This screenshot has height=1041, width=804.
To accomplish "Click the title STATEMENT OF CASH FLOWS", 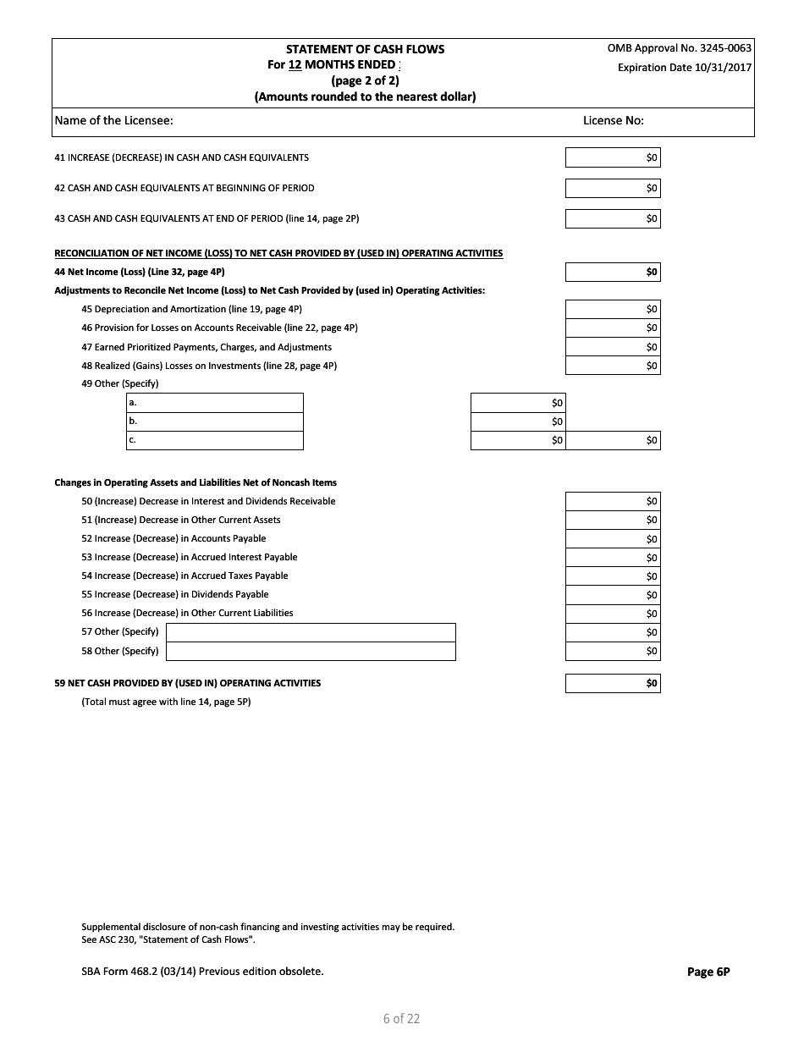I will click(x=365, y=49).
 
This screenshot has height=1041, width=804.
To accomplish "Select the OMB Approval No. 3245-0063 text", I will click(x=679, y=48).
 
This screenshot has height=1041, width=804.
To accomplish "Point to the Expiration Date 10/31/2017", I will click(x=684, y=68).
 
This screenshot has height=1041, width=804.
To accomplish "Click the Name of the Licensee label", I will click(x=114, y=120).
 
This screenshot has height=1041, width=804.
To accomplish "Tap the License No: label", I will click(x=613, y=120).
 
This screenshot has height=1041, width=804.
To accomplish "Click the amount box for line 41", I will click(x=612, y=157).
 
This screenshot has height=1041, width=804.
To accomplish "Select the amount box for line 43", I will click(x=612, y=218).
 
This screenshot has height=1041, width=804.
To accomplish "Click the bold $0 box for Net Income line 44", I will click(x=612, y=272).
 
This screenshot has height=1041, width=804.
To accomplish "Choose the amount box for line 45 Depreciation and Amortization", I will click(x=612, y=309).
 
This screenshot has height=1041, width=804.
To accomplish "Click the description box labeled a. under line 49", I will click(x=215, y=403).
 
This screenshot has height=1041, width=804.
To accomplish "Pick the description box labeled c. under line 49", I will click(x=215, y=440).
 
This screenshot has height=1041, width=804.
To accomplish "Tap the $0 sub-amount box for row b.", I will click(x=517, y=421).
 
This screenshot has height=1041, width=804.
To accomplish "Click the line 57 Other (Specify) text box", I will click(x=311, y=632).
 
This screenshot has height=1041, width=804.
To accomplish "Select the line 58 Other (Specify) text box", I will click(x=311, y=651).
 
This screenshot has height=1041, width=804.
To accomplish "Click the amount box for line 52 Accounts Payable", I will click(x=612, y=539).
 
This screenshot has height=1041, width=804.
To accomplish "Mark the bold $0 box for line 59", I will click(x=612, y=683).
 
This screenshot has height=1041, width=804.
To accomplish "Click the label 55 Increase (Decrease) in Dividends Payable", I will click(x=174, y=594).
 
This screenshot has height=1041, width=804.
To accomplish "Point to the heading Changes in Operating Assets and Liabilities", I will click(x=195, y=482).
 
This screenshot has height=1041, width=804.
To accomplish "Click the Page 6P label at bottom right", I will click(x=708, y=972).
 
